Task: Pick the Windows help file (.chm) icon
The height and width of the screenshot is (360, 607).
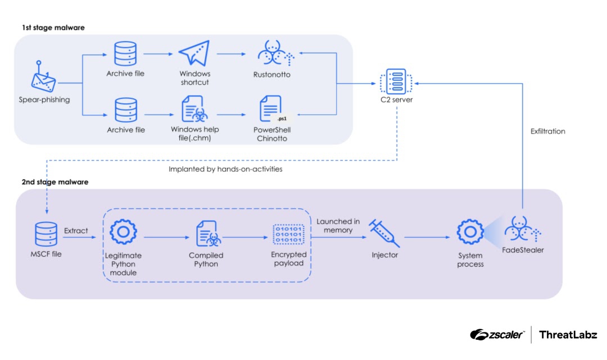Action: point(194,110)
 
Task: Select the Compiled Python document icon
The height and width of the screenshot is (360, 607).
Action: point(206,235)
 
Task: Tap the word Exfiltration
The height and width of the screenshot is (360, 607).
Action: point(547,131)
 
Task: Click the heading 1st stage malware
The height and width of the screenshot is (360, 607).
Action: point(53,28)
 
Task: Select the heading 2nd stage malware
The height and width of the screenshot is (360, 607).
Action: point(55,183)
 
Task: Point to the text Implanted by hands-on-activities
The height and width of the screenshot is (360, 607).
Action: point(225,168)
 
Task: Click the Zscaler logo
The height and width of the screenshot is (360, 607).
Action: point(497,335)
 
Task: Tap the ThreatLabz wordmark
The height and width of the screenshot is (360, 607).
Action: point(568,335)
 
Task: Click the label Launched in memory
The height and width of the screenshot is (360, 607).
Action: point(338,226)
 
